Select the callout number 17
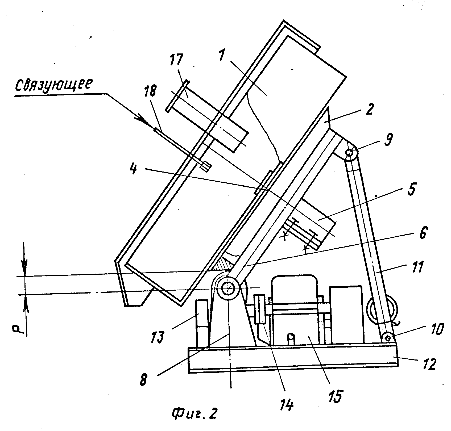pyautogui.click(x=176, y=60)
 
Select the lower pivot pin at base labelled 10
pyautogui.click(x=388, y=338)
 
